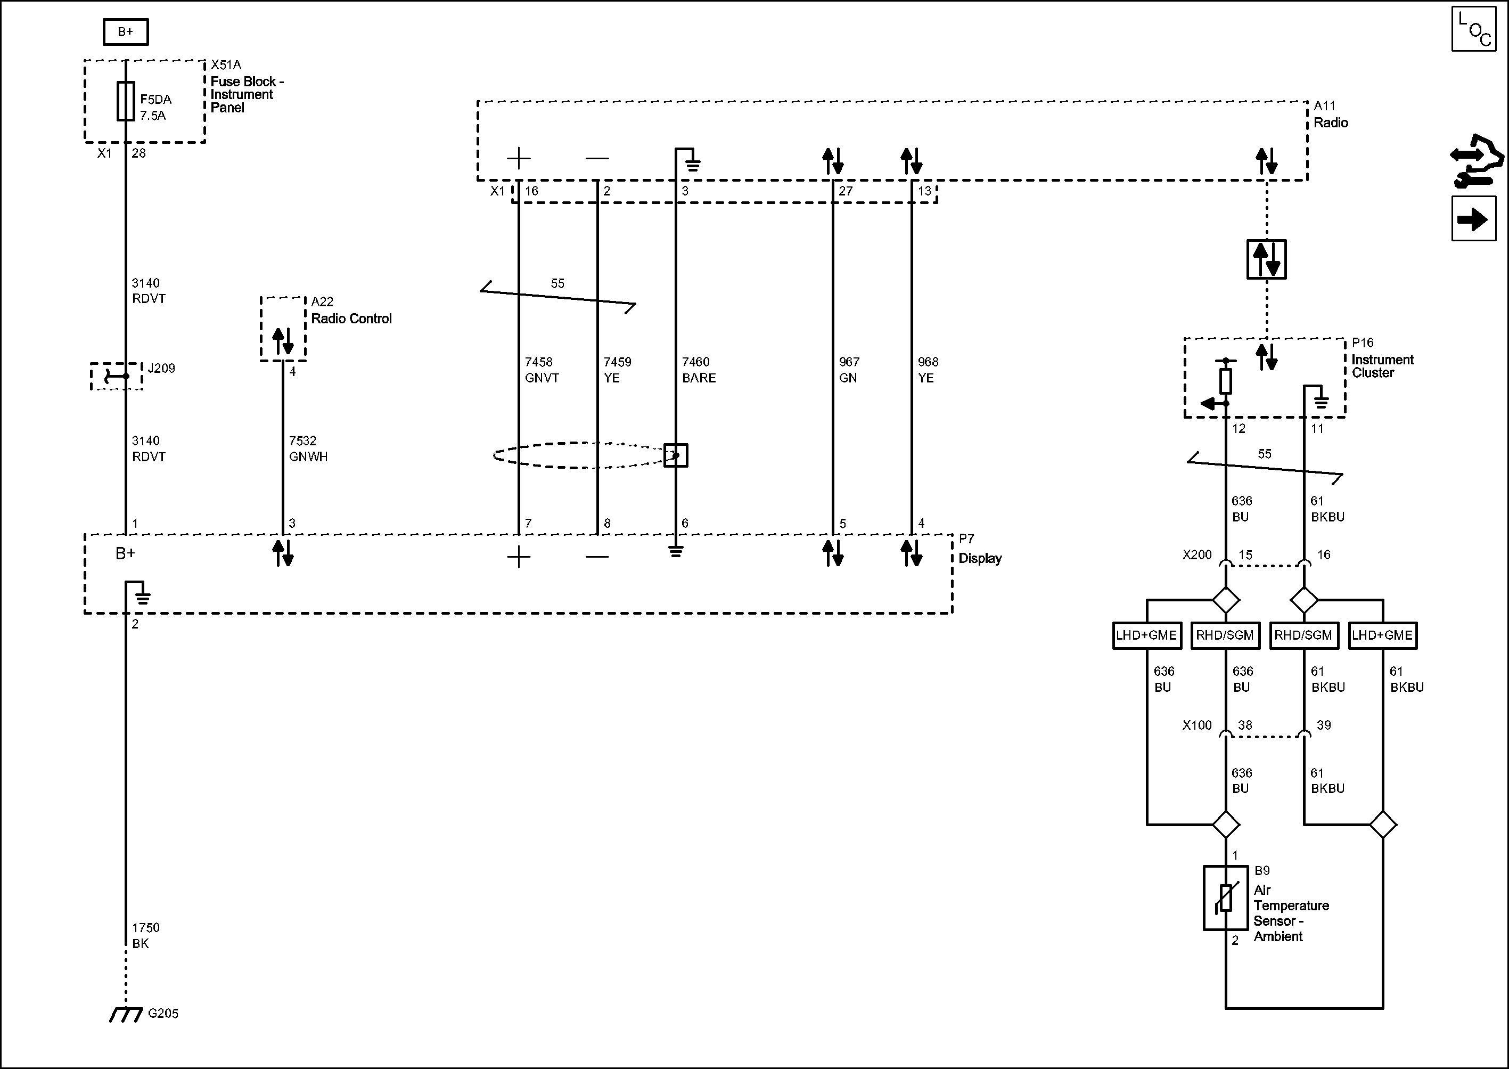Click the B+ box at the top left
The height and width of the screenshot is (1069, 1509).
pos(125,31)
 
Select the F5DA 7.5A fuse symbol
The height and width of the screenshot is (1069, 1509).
pos(126,101)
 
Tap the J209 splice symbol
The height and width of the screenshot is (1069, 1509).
pos(117,377)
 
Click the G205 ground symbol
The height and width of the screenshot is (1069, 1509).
pos(126,1014)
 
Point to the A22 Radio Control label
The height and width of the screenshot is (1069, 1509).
pos(350,311)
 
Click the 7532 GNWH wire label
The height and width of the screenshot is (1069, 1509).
pos(307,449)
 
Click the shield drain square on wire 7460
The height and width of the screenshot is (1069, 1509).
pos(675,455)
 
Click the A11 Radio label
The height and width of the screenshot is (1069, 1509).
pos(1330,115)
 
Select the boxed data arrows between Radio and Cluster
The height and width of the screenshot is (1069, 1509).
pos(1266,259)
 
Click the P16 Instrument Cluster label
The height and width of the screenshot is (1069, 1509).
pos(1382,357)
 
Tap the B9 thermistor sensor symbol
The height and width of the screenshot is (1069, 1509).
pos(1225,898)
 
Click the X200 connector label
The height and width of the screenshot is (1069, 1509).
pos(1196,555)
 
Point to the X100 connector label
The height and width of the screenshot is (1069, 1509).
pos(1196,725)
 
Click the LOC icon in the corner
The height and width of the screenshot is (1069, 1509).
pos(1474,28)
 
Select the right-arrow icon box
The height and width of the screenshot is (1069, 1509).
pos(1474,218)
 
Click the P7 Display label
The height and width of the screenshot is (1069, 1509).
pos(979,550)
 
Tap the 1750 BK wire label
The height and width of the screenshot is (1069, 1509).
pos(145,935)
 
